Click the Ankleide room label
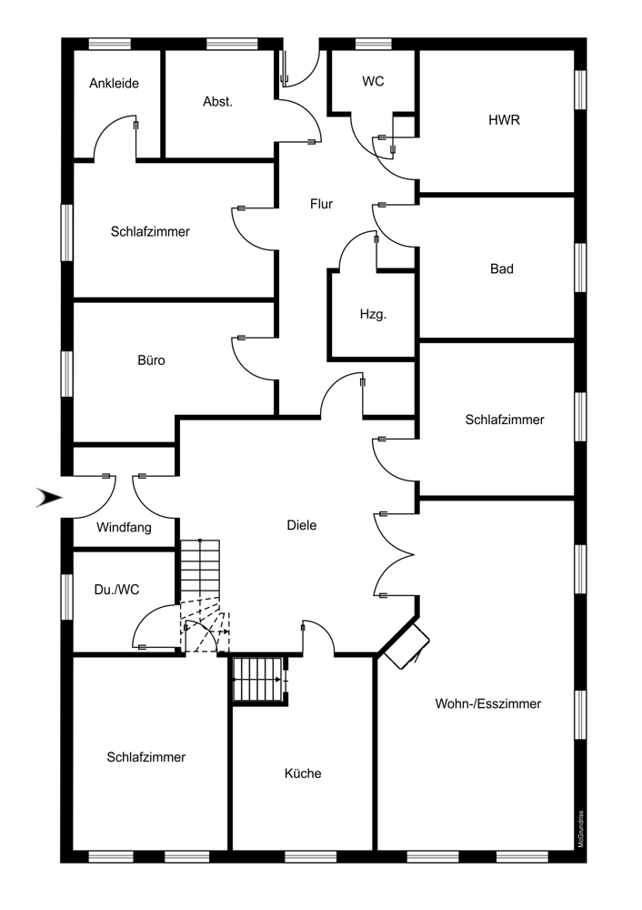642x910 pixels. click(114, 84)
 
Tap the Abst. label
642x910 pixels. click(217, 102)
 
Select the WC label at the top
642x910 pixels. click(373, 82)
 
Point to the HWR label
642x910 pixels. click(504, 119)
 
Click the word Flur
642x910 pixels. click(321, 205)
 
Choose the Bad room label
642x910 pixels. click(501, 269)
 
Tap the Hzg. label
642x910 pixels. click(373, 315)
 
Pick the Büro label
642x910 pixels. click(151, 360)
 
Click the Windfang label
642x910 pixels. click(124, 527)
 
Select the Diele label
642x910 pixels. click(301, 525)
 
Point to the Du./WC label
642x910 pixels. click(115, 589)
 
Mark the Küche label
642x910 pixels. click(303, 773)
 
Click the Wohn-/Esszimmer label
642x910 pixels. click(488, 703)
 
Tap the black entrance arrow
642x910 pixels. click(48, 497)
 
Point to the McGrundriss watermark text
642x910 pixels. click(580, 827)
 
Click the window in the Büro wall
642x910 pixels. click(66, 373)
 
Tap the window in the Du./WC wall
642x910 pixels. click(66, 597)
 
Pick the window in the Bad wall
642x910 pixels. click(580, 268)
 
